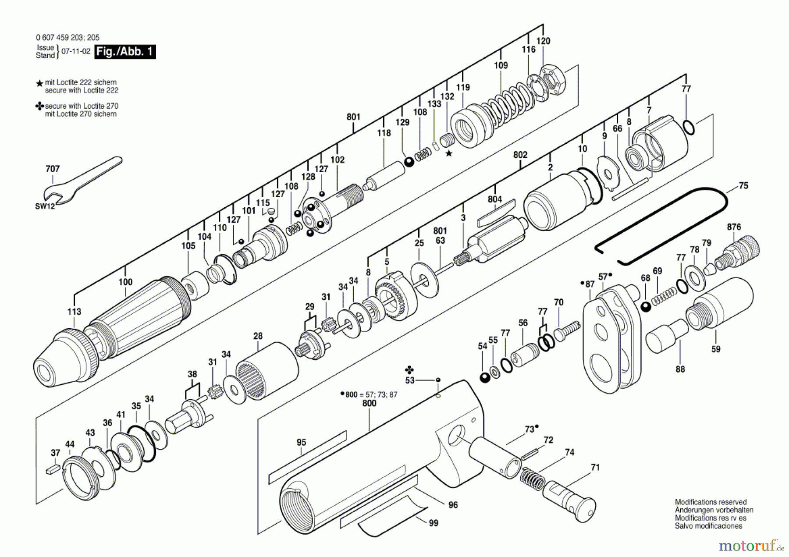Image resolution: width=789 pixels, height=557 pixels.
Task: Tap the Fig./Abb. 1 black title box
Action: (125, 52)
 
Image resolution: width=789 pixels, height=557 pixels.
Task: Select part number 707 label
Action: (53, 169)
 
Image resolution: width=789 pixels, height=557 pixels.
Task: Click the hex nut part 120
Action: (553, 81)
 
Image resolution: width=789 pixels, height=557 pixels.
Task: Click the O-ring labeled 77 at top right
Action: (689, 127)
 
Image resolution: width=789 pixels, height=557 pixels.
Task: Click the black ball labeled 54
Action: (485, 377)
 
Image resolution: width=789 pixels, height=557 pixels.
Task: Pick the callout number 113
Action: (74, 312)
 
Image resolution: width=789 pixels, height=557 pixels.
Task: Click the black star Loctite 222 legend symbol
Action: (39, 83)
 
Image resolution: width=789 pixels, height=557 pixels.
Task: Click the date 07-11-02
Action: (76, 51)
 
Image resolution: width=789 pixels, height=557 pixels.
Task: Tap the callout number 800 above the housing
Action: (369, 403)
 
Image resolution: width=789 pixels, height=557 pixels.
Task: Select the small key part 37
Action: (52, 470)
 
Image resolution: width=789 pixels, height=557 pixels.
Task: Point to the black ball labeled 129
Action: (409, 162)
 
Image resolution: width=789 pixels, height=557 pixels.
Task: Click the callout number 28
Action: (258, 336)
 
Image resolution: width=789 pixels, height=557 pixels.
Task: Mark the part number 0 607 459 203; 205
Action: (68, 38)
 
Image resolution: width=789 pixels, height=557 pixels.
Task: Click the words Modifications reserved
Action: (711, 502)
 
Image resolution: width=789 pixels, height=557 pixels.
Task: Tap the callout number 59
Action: (715, 349)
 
